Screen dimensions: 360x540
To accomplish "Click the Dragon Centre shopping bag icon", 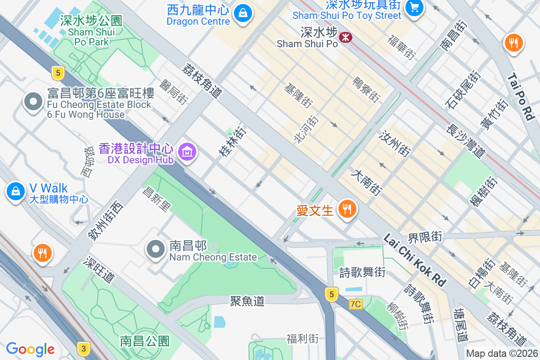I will pyautogui.click(x=243, y=13).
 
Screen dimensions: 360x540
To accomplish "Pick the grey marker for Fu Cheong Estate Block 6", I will pyautogui.click(x=33, y=103).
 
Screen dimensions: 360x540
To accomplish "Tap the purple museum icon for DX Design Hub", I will pyautogui.click(x=186, y=152).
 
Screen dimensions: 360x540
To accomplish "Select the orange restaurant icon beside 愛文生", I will pyautogui.click(x=346, y=209).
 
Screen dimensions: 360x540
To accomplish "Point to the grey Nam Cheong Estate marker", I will pyautogui.click(x=156, y=249).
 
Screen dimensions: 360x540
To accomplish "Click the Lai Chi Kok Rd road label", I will pyautogui.click(x=414, y=260).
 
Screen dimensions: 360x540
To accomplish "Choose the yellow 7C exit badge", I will pyautogui.click(x=355, y=304).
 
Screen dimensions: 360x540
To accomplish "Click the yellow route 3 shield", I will pyautogui.click(x=83, y=348).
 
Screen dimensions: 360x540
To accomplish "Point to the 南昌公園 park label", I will pyautogui.click(x=144, y=341).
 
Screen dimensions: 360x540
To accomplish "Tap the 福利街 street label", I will pyautogui.click(x=302, y=338).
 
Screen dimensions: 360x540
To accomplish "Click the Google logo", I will pyautogui.click(x=30, y=349).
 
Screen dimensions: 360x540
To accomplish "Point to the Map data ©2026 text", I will pyautogui.click(x=502, y=354).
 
